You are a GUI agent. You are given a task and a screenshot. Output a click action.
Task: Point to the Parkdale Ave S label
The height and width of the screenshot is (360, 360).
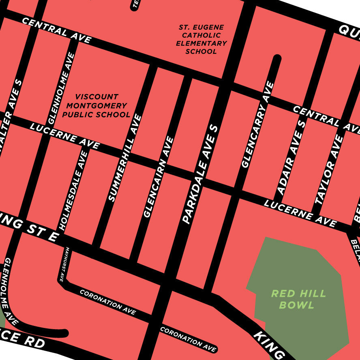click(x=199, y=174)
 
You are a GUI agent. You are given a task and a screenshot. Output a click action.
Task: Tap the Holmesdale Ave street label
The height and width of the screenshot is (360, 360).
click(x=73, y=191)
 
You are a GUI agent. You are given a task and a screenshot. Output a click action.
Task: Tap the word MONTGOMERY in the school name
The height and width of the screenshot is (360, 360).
click(x=97, y=106)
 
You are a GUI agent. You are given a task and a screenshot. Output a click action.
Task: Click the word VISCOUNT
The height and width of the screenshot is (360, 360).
click(x=97, y=97)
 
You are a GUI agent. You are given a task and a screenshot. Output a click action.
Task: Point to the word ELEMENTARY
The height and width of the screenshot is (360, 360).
click(x=201, y=43)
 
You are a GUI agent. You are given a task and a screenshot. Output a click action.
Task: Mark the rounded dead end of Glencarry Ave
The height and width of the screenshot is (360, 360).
click(x=277, y=58)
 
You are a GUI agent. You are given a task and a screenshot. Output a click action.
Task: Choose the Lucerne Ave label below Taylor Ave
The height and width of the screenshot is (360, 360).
click(x=300, y=213)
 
